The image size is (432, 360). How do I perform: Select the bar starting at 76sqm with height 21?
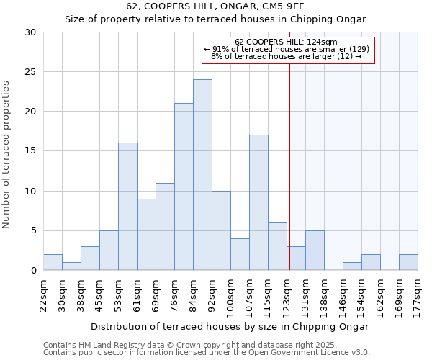coord(184,186)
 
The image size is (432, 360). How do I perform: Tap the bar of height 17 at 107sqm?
coord(258,202)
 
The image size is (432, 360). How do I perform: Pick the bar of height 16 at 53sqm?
coord(127,207)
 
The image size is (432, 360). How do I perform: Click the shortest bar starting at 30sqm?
coord(71,266)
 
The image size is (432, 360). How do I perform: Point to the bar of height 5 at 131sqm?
coord(315,251)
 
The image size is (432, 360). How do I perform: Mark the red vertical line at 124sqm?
coord(289,166)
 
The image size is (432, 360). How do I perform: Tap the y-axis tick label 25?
coord(30,72)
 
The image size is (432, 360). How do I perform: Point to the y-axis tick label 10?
coord(30,192)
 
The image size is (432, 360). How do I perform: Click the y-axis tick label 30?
coord(30,32)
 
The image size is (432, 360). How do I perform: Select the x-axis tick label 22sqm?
coord(43,294)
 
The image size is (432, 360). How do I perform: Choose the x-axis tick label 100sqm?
coord(230,295)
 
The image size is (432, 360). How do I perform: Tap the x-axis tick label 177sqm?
coord(418,295)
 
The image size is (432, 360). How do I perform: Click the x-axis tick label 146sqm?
coord(343,295)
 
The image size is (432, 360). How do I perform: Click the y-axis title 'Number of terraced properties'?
coord(6,155)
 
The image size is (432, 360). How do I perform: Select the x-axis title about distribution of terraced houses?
coord(230,326)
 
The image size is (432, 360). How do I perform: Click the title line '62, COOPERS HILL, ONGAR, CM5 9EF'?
coord(215,6)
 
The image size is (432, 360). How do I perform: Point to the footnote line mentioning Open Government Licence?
coord(207,353)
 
